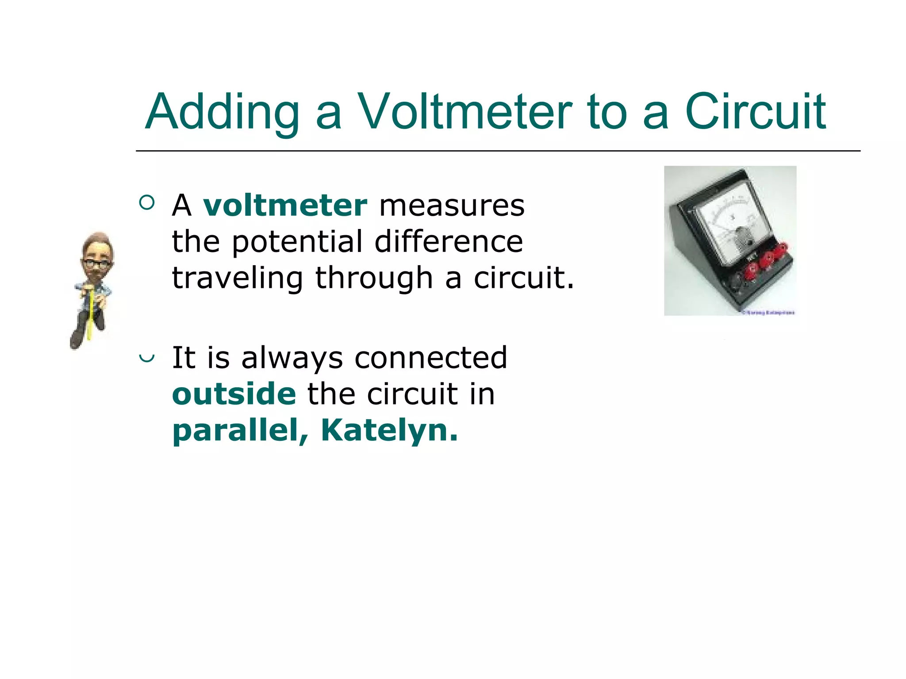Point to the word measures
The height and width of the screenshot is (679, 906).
pos(452,206)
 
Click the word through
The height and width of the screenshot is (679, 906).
pos(374,278)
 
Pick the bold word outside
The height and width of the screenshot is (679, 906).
pos(234,394)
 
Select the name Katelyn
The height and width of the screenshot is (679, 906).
pos(389,430)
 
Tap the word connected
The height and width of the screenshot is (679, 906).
pos(431,358)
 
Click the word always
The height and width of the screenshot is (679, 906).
pos(292,359)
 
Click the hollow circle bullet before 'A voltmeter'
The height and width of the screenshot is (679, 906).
pos(147,203)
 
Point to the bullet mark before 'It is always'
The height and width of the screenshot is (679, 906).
pos(147,358)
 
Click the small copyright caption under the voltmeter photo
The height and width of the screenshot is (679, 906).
pos(768,313)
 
